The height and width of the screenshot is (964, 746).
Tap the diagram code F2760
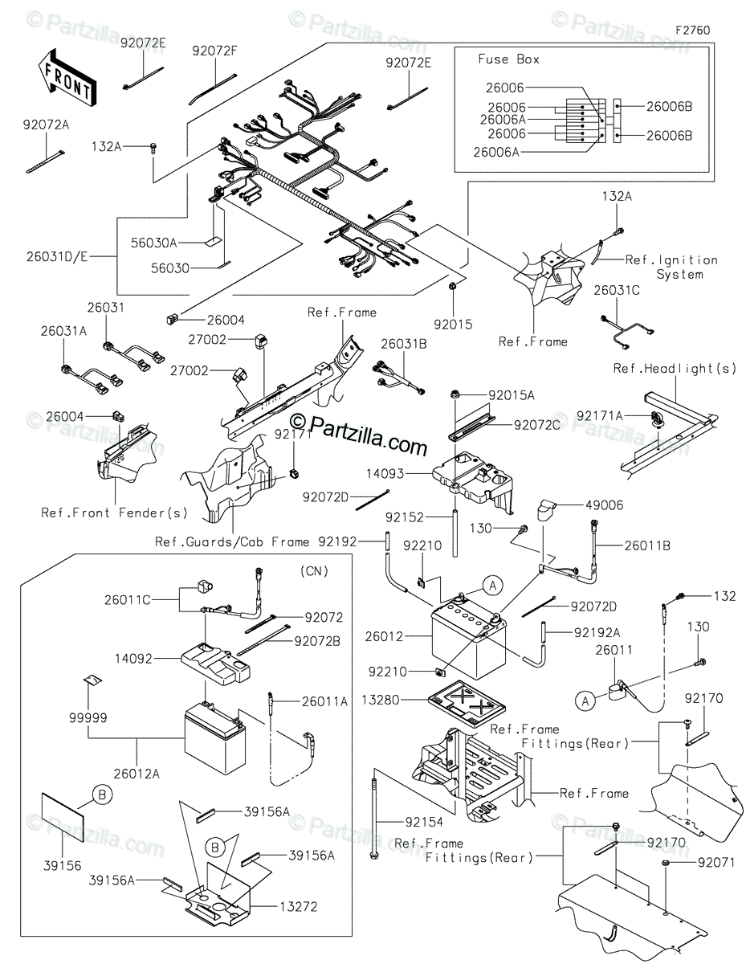[x=692, y=30]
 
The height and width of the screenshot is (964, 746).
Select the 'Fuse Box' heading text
[x=508, y=59]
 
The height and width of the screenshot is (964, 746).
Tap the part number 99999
[x=88, y=717]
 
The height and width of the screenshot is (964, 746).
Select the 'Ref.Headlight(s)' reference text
[x=675, y=369]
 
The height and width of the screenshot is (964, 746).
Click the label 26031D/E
[x=56, y=257]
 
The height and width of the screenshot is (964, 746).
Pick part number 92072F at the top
[x=215, y=51]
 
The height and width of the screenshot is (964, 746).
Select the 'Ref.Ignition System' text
[x=673, y=267]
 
